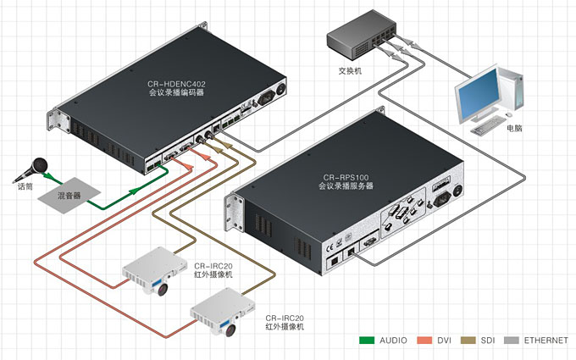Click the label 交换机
[x=350, y=71]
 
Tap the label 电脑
[x=514, y=128]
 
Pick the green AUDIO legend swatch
[x=367, y=341]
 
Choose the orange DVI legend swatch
[x=424, y=341]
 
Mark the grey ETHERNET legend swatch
[x=511, y=341]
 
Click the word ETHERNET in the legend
[x=546, y=341]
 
